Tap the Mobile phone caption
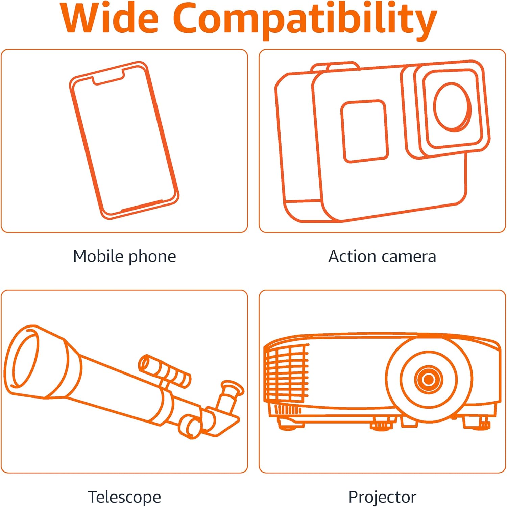pyautogui.click(x=124, y=257)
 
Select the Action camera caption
pyautogui.click(x=382, y=256)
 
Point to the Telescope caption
pyautogui.click(x=124, y=497)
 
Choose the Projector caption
pyautogui.click(x=382, y=497)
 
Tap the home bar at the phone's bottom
pyautogui.click(x=142, y=206)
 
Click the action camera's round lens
pyautogui.click(x=453, y=107)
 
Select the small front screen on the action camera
pyautogui.click(x=364, y=131)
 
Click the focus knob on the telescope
pyautogui.click(x=190, y=427)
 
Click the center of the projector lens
pyautogui.click(x=429, y=379)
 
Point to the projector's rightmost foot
pyautogui.click(x=477, y=423)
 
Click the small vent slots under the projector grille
pyautogui.click(x=287, y=410)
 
